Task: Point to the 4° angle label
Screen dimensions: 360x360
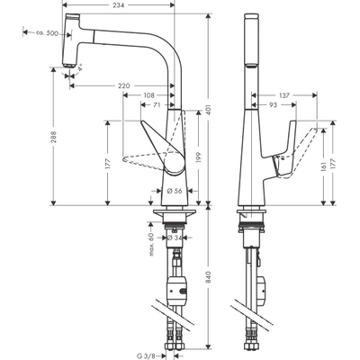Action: pyautogui.click(x=81, y=67)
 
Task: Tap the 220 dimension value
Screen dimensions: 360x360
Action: pyautogui.click(x=124, y=86)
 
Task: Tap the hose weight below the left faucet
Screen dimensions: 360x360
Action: pyautogui.click(x=178, y=294)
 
